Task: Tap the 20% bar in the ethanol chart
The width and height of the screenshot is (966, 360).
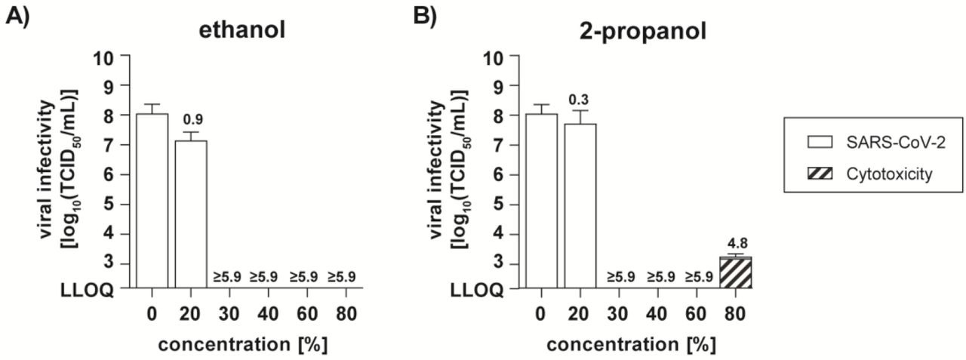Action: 191,214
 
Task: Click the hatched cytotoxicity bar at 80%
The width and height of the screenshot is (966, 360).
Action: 735,272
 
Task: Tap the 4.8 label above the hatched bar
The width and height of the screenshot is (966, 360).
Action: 736,244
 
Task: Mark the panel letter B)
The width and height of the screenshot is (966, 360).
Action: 425,16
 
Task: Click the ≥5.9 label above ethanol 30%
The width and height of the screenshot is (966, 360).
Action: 227,277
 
